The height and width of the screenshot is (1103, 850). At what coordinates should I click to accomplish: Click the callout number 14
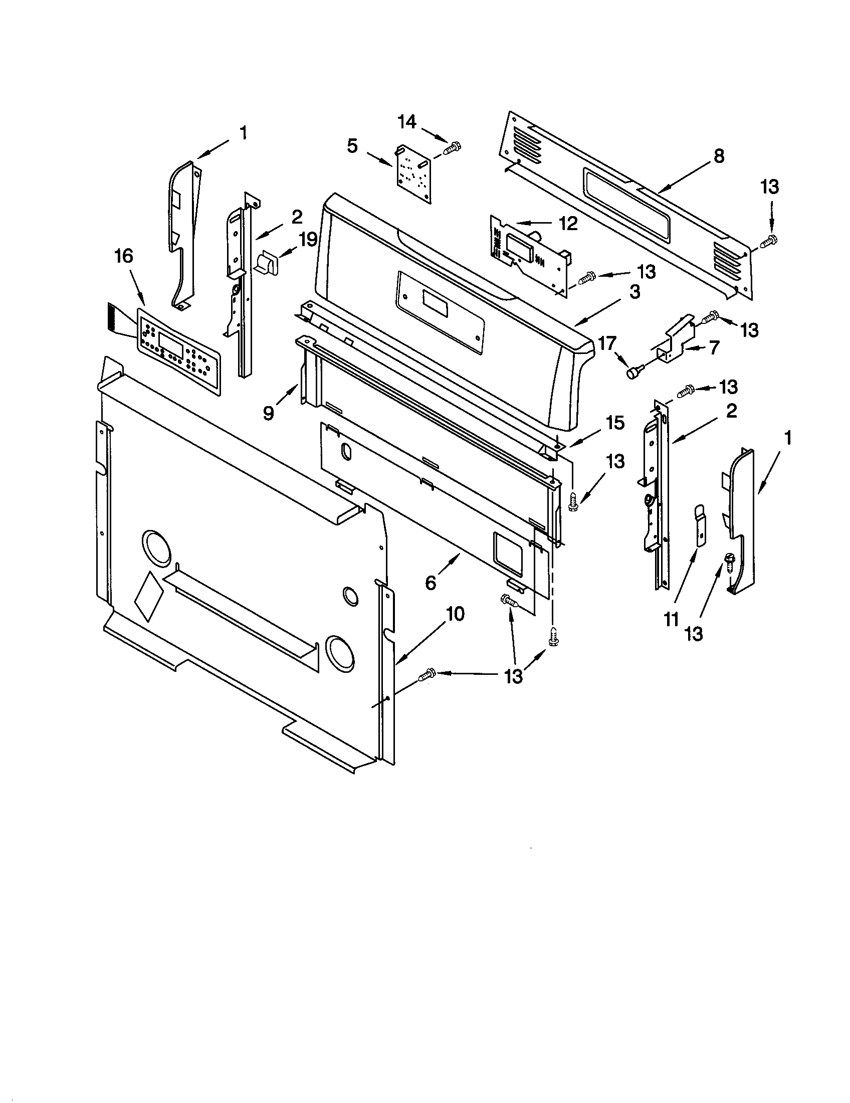point(407,122)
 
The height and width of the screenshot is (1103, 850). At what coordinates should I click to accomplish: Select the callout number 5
point(352,146)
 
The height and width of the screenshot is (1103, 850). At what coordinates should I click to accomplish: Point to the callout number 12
point(568,224)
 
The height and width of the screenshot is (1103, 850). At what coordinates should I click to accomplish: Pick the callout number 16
point(124,257)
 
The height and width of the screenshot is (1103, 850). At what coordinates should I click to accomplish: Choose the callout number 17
point(607,344)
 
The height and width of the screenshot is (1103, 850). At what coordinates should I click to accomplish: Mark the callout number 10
point(455,614)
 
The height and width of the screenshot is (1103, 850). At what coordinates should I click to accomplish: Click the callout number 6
point(430,583)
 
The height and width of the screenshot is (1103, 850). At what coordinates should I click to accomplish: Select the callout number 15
point(615,423)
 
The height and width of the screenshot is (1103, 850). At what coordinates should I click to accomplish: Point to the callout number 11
point(671,618)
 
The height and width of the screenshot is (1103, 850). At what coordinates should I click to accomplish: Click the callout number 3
point(634,292)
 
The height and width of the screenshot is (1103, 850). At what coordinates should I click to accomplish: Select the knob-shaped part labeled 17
point(632,373)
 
